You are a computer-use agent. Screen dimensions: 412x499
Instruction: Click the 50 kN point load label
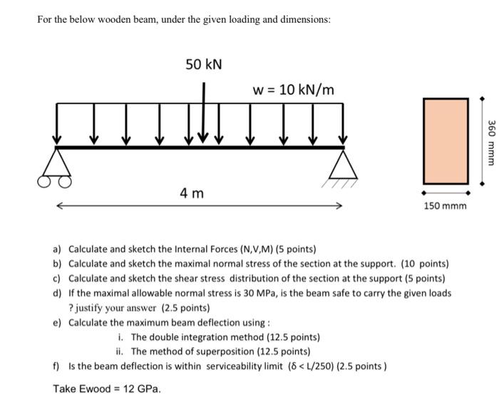pyautogui.click(x=204, y=65)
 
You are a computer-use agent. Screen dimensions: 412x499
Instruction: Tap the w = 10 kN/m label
pyautogui.click(x=293, y=90)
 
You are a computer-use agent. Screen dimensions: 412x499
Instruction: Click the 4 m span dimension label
pyautogui.click(x=192, y=192)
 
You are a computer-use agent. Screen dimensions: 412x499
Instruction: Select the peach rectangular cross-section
pyautogui.click(x=446, y=141)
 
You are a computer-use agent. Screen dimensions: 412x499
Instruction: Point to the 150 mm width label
pyautogui.click(x=446, y=206)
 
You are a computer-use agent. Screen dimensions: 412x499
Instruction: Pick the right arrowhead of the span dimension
pyautogui.click(x=339, y=206)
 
